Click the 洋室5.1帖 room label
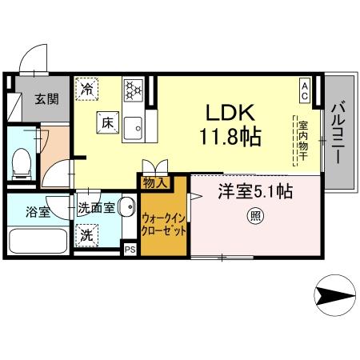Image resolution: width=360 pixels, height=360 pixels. [x=255, y=192]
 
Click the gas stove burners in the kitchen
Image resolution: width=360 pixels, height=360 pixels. [x=133, y=88]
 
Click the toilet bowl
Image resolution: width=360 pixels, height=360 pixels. [x=22, y=166]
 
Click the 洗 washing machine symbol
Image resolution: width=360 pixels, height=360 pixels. [x=85, y=236]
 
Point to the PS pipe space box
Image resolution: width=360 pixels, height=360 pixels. [x=130, y=250]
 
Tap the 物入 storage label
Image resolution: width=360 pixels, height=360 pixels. [x=154, y=183]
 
